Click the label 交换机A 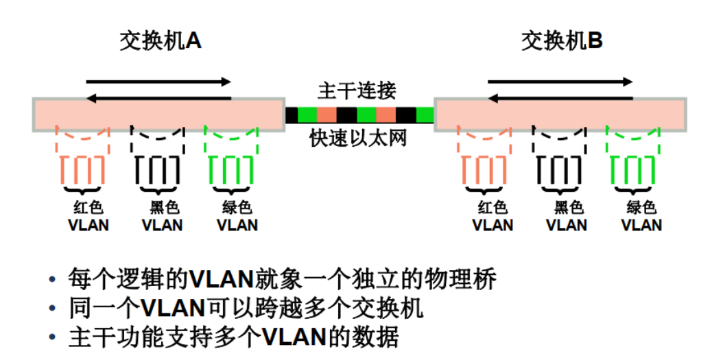pos(160,42)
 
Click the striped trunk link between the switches pos(359,115)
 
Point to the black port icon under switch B pos(561,169)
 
